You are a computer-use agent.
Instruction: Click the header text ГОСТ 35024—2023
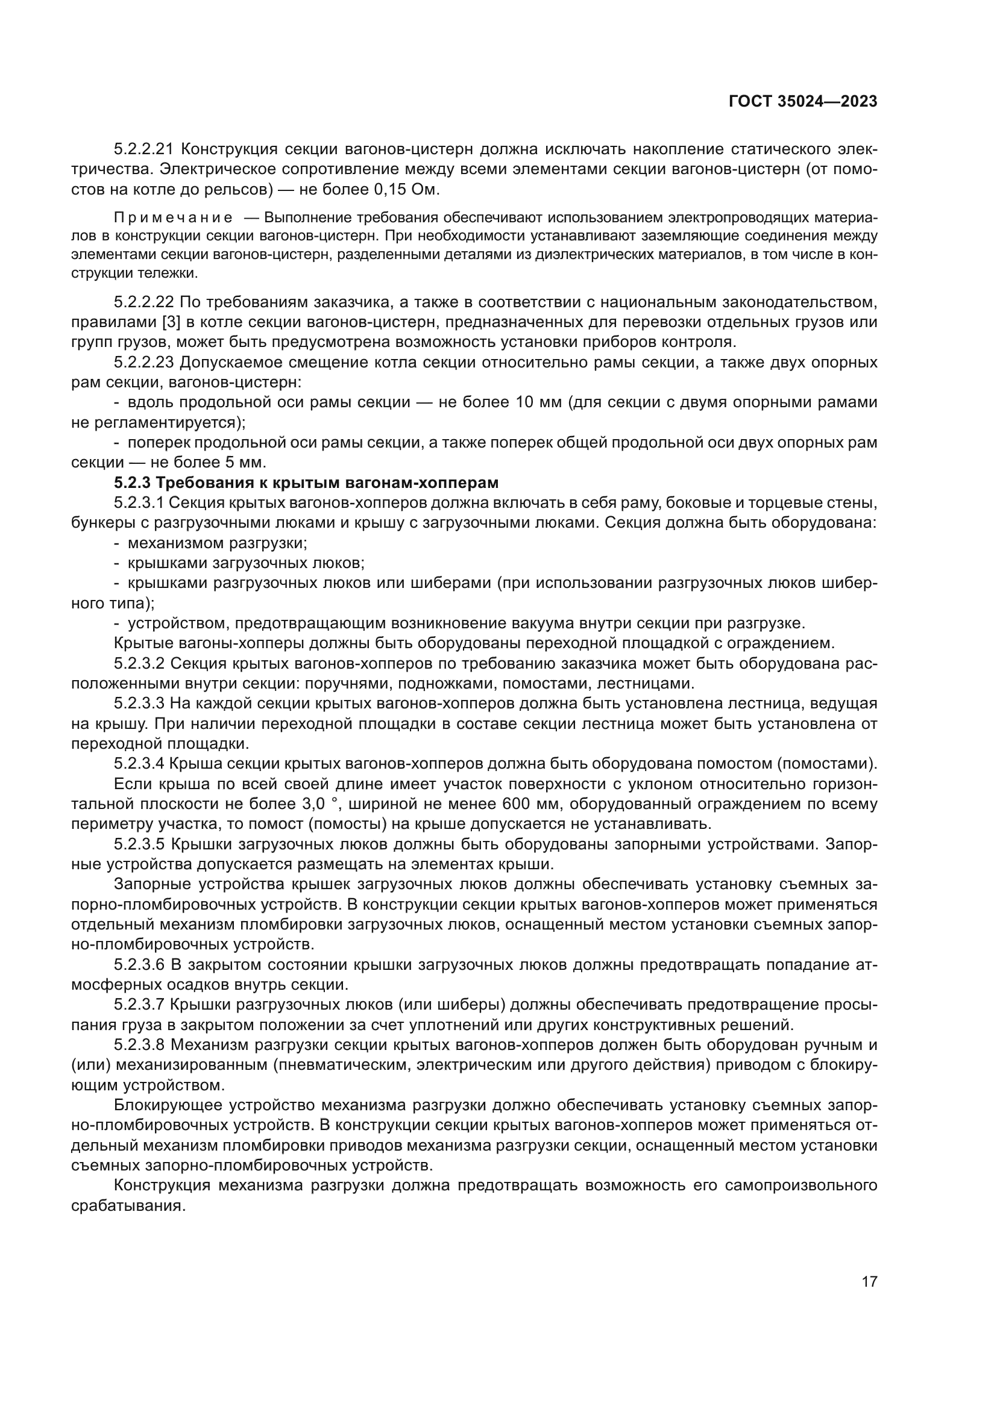point(803,102)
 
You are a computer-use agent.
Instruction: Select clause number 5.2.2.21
point(145,149)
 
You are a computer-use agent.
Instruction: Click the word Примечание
point(173,218)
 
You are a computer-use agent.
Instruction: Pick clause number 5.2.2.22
point(145,302)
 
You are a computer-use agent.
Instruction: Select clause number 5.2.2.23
point(145,363)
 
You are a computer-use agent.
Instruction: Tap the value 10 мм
point(535,402)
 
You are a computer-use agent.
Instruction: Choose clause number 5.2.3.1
point(139,502)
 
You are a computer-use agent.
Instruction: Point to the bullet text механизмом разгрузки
point(218,543)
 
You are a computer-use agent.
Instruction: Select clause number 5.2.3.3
point(139,703)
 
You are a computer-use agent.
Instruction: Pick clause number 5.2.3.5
point(139,845)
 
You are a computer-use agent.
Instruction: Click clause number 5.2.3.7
point(139,1005)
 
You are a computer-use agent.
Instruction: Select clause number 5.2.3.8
point(139,1045)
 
